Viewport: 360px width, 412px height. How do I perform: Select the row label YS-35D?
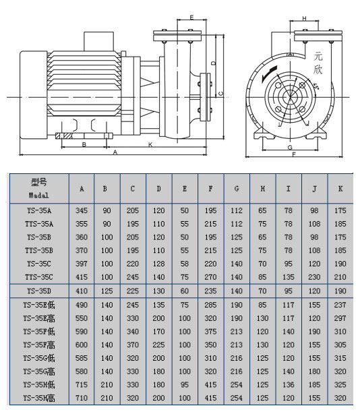click(39, 291)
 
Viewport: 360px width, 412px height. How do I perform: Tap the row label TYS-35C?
click(39, 276)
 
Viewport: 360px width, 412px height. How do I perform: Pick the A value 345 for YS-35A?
click(82, 210)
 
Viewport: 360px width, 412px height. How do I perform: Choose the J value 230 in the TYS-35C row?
click(313, 276)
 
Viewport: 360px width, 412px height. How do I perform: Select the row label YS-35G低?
click(39, 357)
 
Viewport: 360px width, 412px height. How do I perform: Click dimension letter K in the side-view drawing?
click(150, 144)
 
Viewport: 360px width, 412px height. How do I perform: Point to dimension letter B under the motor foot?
click(84, 144)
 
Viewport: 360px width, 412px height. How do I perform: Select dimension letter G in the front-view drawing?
click(288, 146)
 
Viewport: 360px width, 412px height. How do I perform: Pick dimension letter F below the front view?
click(294, 155)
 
